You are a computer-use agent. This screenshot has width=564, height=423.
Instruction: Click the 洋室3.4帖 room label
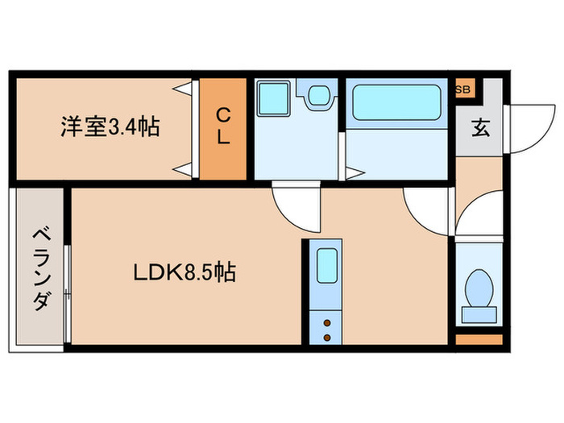point(110,126)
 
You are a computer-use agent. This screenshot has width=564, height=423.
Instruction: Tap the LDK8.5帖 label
point(185,273)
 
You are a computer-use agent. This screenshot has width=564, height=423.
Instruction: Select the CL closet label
point(223,127)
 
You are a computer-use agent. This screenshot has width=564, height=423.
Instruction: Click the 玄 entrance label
point(479,127)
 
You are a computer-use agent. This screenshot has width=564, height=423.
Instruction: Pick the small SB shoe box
point(464,89)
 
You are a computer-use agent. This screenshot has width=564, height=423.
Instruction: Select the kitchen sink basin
point(326,266)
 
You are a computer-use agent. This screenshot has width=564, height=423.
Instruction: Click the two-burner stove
point(327,327)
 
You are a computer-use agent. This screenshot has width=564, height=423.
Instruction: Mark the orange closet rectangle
point(223,129)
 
